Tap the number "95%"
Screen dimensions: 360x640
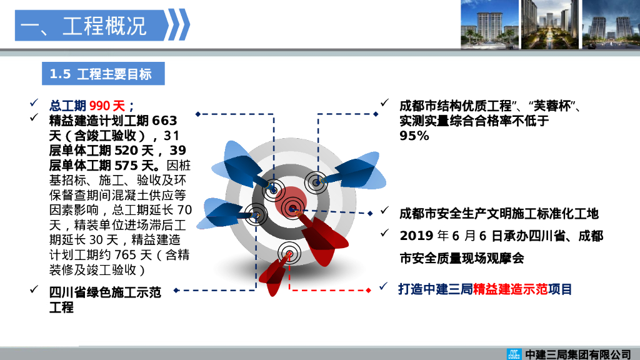414,136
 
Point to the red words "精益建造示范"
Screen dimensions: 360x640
511,289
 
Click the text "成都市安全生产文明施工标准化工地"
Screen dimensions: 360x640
499,214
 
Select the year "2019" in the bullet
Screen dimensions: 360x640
416,236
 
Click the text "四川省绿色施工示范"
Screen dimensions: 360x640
105,292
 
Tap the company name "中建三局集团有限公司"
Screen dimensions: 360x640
578,354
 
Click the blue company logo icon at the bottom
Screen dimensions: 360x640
514,354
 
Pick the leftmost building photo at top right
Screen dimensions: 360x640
489,24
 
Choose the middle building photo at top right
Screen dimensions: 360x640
549,24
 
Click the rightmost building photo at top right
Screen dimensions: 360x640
610,24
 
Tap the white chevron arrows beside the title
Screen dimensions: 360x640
179,26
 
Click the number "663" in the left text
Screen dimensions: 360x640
164,120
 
